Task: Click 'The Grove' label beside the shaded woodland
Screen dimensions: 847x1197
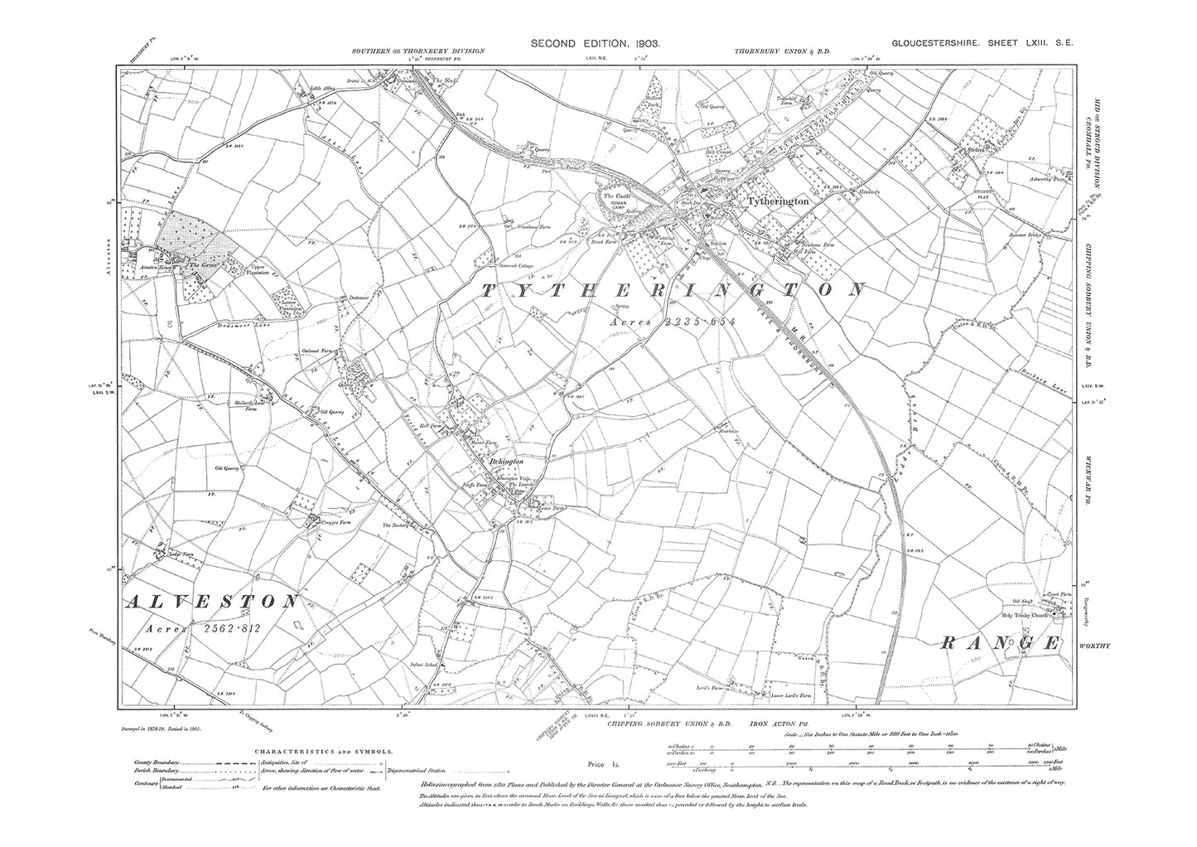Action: tap(202, 265)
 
